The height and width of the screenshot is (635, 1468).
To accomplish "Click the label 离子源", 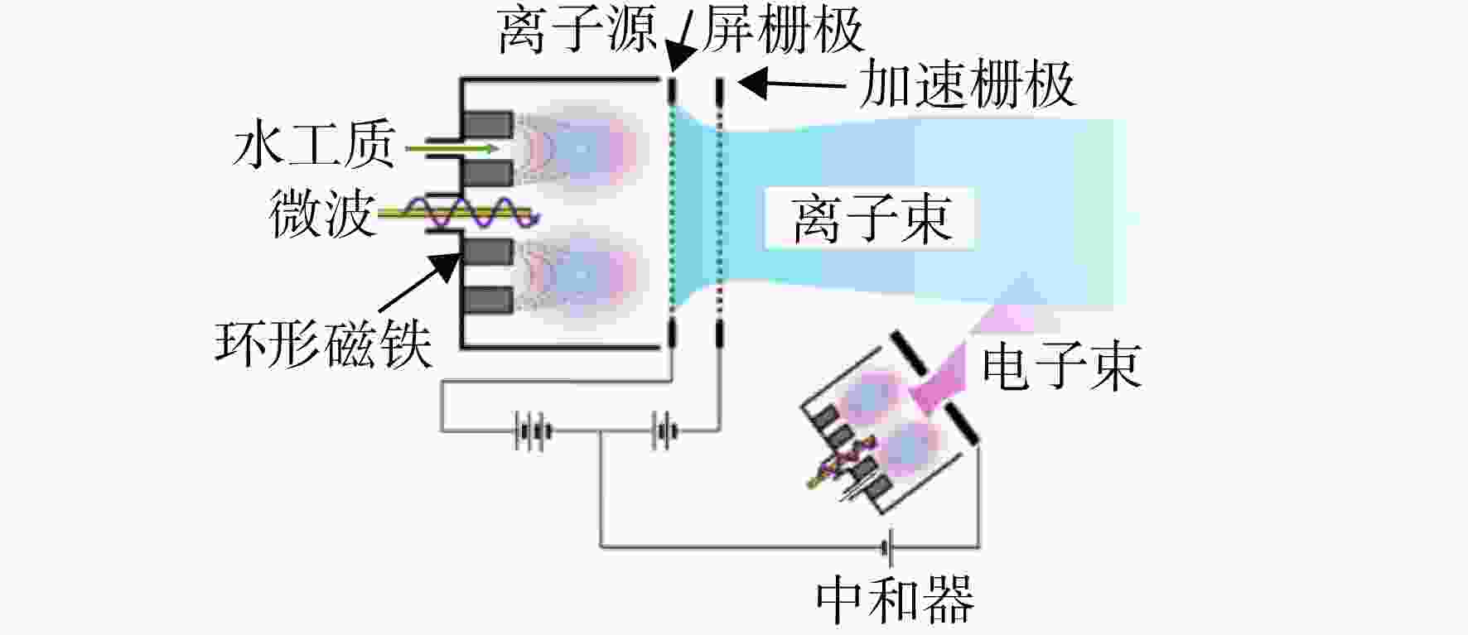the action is click(x=577, y=30).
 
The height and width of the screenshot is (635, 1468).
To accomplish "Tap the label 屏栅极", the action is click(x=783, y=30).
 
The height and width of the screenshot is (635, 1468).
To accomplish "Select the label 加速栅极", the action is click(x=967, y=84).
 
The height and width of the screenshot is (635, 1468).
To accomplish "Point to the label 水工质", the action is click(x=314, y=145).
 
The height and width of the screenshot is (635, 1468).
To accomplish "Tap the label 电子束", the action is click(x=1062, y=366).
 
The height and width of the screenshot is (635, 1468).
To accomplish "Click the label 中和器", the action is click(x=895, y=600).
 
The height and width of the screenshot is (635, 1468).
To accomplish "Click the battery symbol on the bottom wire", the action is click(x=887, y=546).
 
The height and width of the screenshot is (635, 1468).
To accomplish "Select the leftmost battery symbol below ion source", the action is click(x=533, y=431).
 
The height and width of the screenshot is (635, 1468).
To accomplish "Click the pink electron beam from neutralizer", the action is click(x=969, y=348).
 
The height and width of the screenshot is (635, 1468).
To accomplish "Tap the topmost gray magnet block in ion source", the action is click(x=487, y=125).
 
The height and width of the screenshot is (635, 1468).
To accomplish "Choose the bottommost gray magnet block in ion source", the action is click(x=487, y=301).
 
